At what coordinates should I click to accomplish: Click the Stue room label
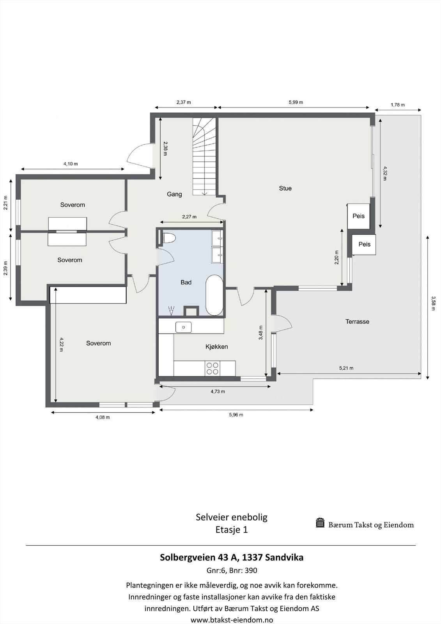285,188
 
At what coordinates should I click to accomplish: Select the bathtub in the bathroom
214,295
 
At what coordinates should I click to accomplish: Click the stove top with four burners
213,369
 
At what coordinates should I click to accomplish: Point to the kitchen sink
183,327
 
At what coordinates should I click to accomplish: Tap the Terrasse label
357,322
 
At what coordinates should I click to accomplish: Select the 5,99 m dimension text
296,102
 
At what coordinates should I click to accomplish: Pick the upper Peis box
359,216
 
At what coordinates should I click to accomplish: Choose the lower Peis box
364,245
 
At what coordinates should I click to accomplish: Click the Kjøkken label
216,347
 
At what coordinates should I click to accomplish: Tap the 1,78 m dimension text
397,105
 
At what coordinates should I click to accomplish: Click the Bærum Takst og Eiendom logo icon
320,523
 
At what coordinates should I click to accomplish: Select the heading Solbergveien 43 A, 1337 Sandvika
232,557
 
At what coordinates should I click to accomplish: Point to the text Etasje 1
232,530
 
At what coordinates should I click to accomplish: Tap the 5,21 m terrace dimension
346,368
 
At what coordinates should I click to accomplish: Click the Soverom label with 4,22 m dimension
98,343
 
